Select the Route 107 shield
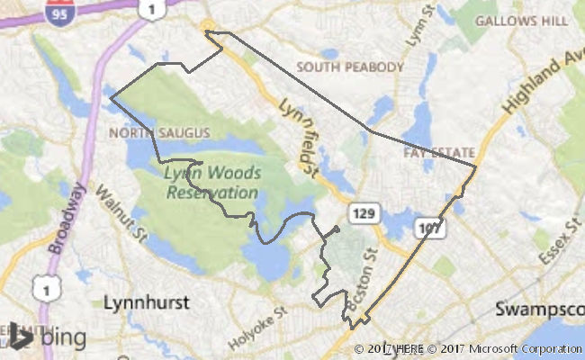[431, 229]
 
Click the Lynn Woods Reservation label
[211, 181]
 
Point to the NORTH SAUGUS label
[158, 133]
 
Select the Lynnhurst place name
[146, 301]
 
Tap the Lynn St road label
[416, 31]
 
